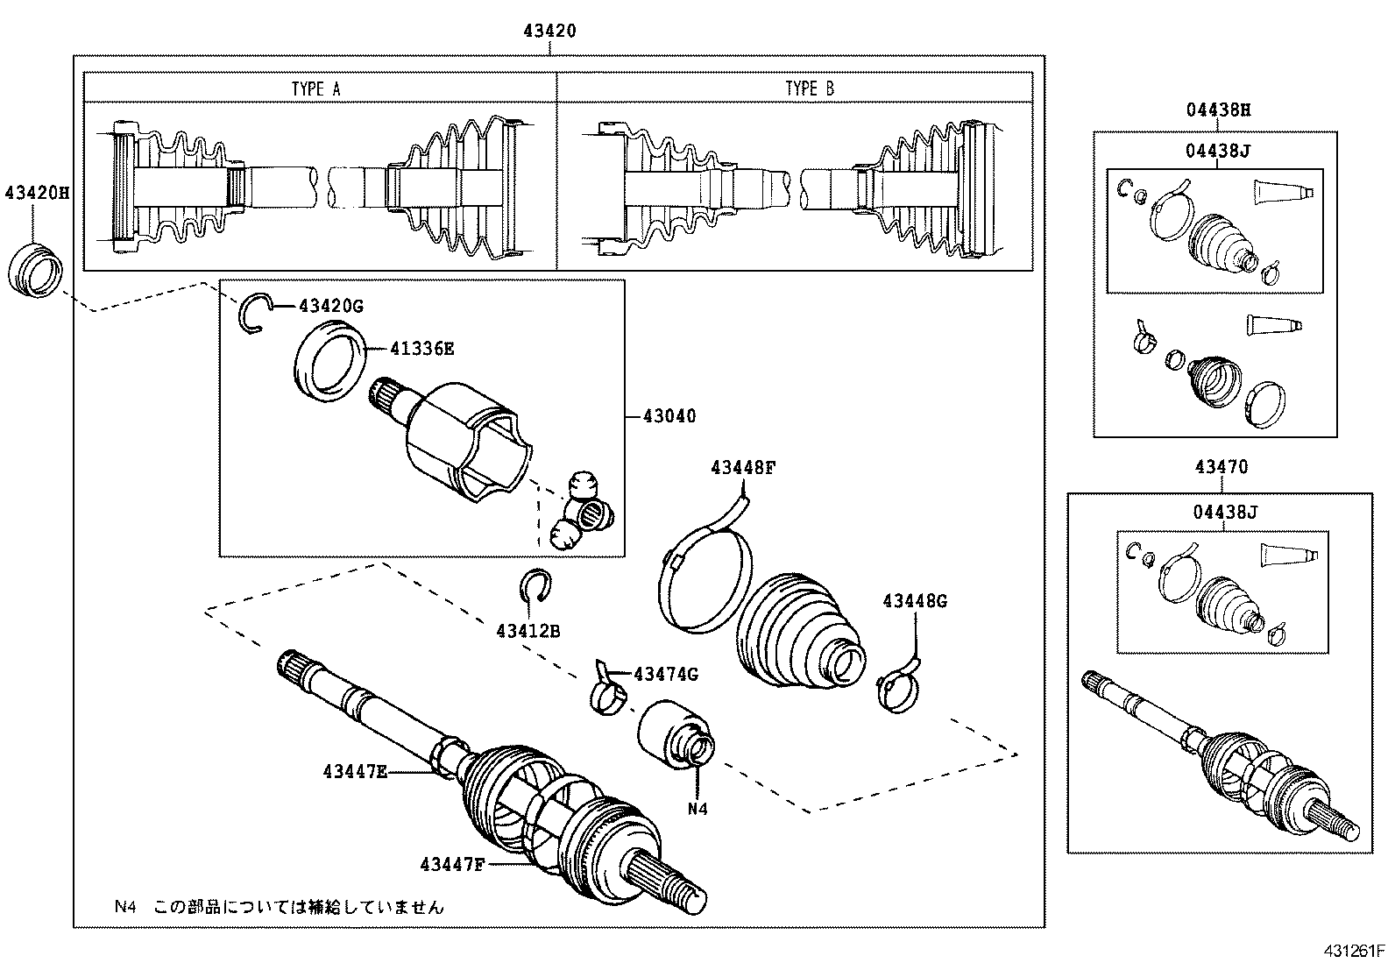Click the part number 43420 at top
[549, 31]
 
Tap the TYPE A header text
[315, 89]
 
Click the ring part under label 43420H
[36, 269]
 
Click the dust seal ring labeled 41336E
[330, 361]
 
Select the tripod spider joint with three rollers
[582, 511]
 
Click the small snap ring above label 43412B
[534, 587]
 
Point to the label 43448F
[743, 468]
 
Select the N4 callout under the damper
[697, 809]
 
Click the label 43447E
[355, 771]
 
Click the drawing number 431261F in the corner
[1352, 951]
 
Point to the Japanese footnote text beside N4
[298, 907]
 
